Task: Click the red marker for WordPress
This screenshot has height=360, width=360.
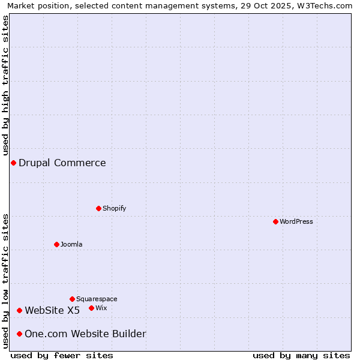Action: click(275, 221)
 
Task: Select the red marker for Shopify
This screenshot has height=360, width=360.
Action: click(98, 208)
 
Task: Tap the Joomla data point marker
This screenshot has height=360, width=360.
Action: click(56, 244)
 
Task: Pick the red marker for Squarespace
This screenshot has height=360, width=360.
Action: click(72, 299)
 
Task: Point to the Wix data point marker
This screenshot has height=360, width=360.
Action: click(91, 308)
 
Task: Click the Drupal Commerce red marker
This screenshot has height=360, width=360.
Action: click(13, 163)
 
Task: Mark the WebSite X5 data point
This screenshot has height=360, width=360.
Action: click(19, 310)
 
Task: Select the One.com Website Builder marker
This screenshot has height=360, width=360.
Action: click(19, 334)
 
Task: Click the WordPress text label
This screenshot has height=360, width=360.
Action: click(296, 221)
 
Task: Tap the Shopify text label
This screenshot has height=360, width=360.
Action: click(114, 208)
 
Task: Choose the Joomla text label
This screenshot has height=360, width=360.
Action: click(71, 244)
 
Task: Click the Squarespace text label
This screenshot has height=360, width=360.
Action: click(97, 299)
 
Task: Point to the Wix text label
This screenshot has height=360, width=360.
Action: click(101, 308)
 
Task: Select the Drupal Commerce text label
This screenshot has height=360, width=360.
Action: click(62, 163)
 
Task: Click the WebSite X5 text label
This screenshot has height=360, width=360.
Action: click(52, 310)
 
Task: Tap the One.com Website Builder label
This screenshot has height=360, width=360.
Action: click(85, 334)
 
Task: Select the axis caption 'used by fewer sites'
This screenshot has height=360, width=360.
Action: click(62, 355)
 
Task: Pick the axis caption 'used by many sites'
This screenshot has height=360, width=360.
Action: click(301, 355)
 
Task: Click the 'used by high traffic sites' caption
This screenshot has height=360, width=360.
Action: click(5, 85)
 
